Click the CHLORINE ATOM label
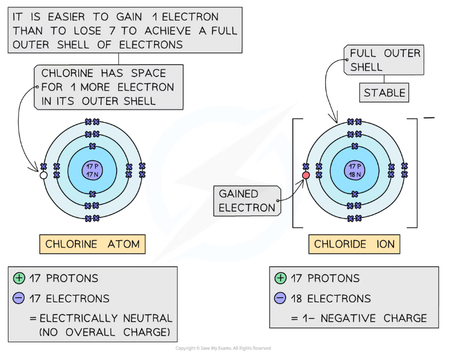pyautogui.click(x=92, y=244)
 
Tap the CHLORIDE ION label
pyautogui.click(x=354, y=244)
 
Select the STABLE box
pyautogui.click(x=385, y=92)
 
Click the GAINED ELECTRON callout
pyautogui.click(x=247, y=201)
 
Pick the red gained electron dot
pyautogui.click(x=306, y=175)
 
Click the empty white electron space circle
pyautogui.click(x=43, y=176)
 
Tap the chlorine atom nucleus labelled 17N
pyautogui.click(x=92, y=169)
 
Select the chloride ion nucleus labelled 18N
pyautogui.click(x=355, y=169)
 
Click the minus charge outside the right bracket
pyautogui.click(x=429, y=118)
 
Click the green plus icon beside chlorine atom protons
pyautogui.click(x=19, y=278)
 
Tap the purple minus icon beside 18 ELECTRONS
pyautogui.click(x=280, y=298)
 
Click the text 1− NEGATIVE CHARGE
pyautogui.click(x=365, y=318)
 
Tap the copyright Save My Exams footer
pyautogui.click(x=223, y=348)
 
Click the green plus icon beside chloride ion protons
pyautogui.click(x=280, y=278)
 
